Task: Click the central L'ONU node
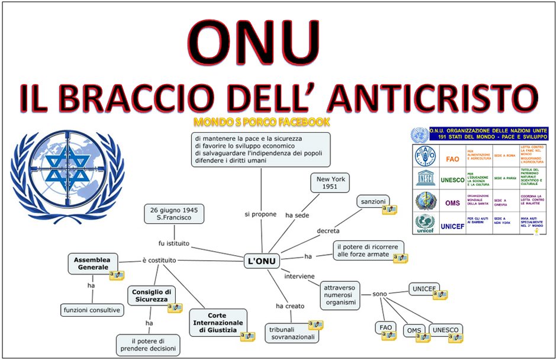pyautogui.click(x=261, y=261)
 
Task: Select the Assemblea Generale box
pyautogui.click(x=93, y=263)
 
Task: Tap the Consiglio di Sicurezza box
pyautogui.click(x=152, y=296)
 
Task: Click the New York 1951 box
pyautogui.click(x=331, y=183)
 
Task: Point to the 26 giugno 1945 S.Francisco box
pyautogui.click(x=174, y=214)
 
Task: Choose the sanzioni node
pyautogui.click(x=372, y=201)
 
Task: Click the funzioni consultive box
pyautogui.click(x=92, y=310)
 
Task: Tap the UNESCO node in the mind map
pyautogui.click(x=445, y=330)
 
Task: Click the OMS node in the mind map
pyautogui.click(x=414, y=330)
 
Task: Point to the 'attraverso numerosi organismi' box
pyautogui.click(x=340, y=294)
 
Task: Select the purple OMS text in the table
pyautogui.click(x=453, y=203)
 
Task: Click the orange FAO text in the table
pyautogui.click(x=452, y=158)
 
